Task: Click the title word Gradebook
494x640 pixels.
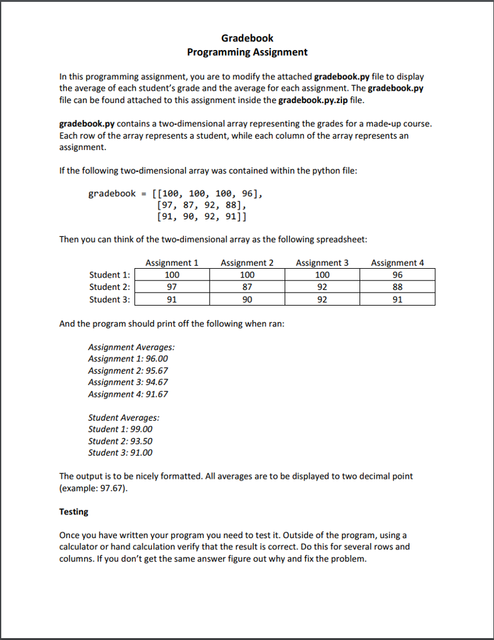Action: click(247, 38)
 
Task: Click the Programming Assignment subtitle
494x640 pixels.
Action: click(247, 52)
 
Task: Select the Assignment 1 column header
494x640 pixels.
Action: click(172, 263)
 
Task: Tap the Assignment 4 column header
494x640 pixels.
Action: click(397, 263)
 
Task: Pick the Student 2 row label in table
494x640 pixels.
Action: click(109, 287)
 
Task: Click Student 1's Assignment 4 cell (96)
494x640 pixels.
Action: click(397, 275)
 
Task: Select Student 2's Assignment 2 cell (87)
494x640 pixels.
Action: click(247, 287)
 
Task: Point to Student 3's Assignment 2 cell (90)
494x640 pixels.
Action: click(247, 299)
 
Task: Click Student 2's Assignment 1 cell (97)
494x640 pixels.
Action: click(172, 287)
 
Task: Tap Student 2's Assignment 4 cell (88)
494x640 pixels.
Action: click(397, 287)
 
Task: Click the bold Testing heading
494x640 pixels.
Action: click(74, 512)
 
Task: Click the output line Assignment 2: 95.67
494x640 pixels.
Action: click(128, 371)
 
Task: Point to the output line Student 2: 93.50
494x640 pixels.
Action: click(120, 441)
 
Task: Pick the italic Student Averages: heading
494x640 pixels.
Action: click(124, 417)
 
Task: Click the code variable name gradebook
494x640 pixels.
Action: click(112, 193)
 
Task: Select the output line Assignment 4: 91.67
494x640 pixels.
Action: click(128, 394)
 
